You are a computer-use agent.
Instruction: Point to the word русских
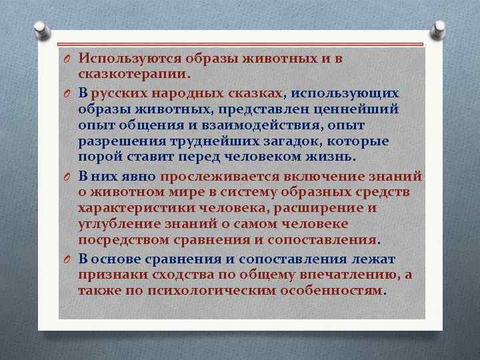pyautogui.click(x=114, y=93)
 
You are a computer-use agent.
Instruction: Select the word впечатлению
pyautogui.click(x=366, y=275)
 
